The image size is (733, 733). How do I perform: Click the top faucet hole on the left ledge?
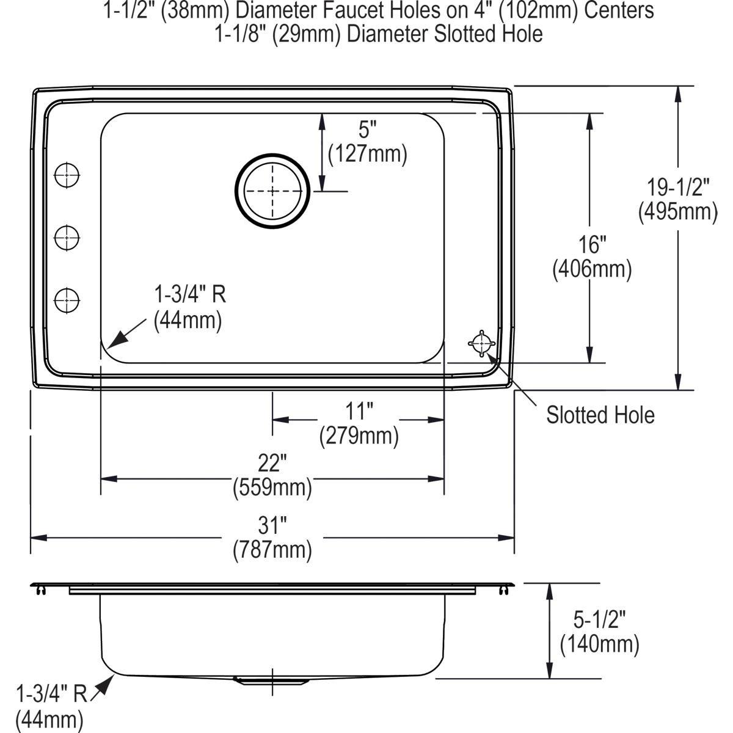click(67, 175)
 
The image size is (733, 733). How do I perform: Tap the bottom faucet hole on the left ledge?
click(67, 299)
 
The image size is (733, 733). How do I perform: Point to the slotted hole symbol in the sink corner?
click(481, 344)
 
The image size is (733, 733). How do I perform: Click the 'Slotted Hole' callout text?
click(600, 415)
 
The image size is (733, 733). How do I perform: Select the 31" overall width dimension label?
click(272, 524)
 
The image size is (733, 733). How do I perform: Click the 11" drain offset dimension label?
click(359, 412)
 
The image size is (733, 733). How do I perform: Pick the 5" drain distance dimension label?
click(367, 130)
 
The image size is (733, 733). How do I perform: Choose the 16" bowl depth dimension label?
click(592, 245)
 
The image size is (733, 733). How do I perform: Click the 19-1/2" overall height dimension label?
click(678, 187)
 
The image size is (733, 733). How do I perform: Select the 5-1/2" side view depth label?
click(600, 621)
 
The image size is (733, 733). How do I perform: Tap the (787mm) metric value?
click(272, 550)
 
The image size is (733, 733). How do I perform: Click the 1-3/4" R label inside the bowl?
click(189, 295)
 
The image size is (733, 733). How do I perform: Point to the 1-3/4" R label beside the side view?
click(51, 694)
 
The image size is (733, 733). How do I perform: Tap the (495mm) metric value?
click(678, 212)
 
